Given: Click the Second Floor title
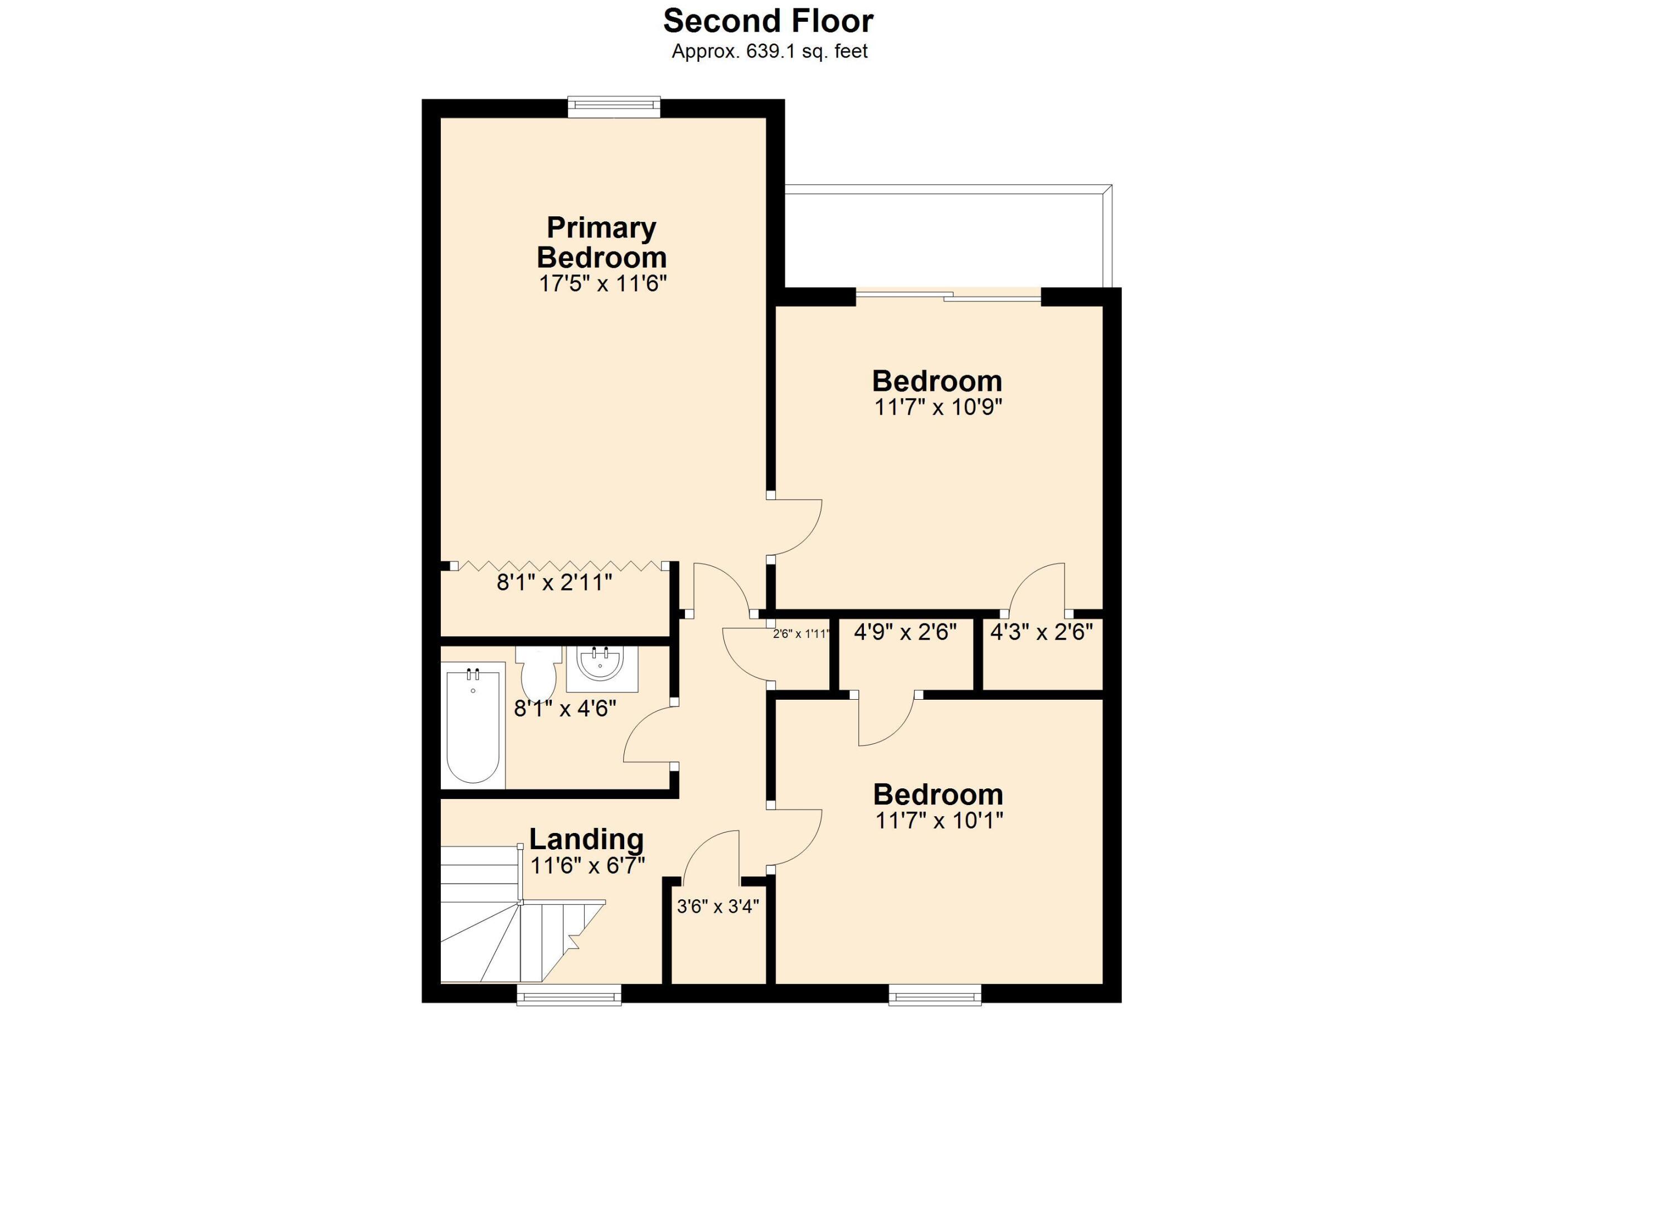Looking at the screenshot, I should coord(767,21).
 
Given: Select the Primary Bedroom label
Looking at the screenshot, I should coord(601,242).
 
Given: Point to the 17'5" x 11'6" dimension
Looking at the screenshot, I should coord(602,283).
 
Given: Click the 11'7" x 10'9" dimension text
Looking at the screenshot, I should coord(938,407).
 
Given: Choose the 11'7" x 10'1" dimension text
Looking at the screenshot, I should coord(939,820).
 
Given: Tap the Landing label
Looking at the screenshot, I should coord(586,839).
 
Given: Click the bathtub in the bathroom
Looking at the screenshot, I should coord(473,725).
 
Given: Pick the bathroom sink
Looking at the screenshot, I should coord(601,668).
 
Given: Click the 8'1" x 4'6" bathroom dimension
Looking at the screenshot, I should coord(565,709).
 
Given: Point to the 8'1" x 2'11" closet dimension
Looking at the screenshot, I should coord(555,583).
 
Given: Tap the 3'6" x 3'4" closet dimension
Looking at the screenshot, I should coord(717,906).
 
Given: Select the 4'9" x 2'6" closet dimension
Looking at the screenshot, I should coord(905,632).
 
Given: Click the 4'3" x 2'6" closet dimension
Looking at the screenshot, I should coord(1041,632).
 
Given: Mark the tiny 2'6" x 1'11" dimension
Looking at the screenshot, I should coord(801,633).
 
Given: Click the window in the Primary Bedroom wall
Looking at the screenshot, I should coord(614,108).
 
